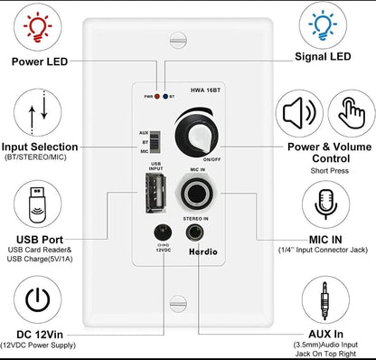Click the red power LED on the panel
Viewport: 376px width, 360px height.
click(x=157, y=97)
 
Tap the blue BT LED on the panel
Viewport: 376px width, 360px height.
click(x=165, y=97)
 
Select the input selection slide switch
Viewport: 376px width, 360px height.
click(x=155, y=142)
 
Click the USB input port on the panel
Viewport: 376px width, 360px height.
click(x=155, y=193)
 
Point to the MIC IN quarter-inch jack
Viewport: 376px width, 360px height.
click(x=196, y=194)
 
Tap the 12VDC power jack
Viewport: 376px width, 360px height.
click(x=163, y=233)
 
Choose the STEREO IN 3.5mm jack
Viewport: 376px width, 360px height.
click(x=194, y=232)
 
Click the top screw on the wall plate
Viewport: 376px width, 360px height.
click(x=178, y=41)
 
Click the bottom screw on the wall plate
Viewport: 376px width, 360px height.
click(x=178, y=304)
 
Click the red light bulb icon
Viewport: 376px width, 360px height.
click(x=38, y=27)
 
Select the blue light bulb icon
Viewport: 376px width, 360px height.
click(x=323, y=25)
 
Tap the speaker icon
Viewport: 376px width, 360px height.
click(x=299, y=114)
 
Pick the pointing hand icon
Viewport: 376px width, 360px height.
click(x=352, y=112)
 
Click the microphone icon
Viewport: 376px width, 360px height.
click(x=325, y=204)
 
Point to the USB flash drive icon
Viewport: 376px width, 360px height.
click(x=37, y=204)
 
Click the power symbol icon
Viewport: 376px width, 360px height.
click(x=37, y=299)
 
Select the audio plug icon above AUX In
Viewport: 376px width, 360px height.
click(x=324, y=300)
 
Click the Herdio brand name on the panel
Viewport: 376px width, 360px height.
click(x=203, y=251)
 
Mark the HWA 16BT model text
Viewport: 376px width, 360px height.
click(x=205, y=90)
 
